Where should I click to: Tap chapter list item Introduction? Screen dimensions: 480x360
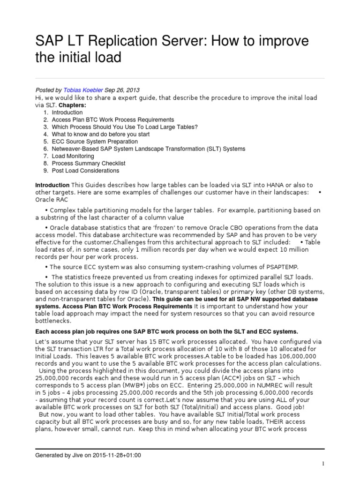coord(67,112)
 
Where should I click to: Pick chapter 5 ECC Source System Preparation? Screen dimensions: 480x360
coord(95,142)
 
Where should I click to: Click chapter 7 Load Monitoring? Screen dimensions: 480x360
coord(73,156)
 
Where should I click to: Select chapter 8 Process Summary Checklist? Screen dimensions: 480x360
coord(89,163)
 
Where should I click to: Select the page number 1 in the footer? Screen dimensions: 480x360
coord(323,464)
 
